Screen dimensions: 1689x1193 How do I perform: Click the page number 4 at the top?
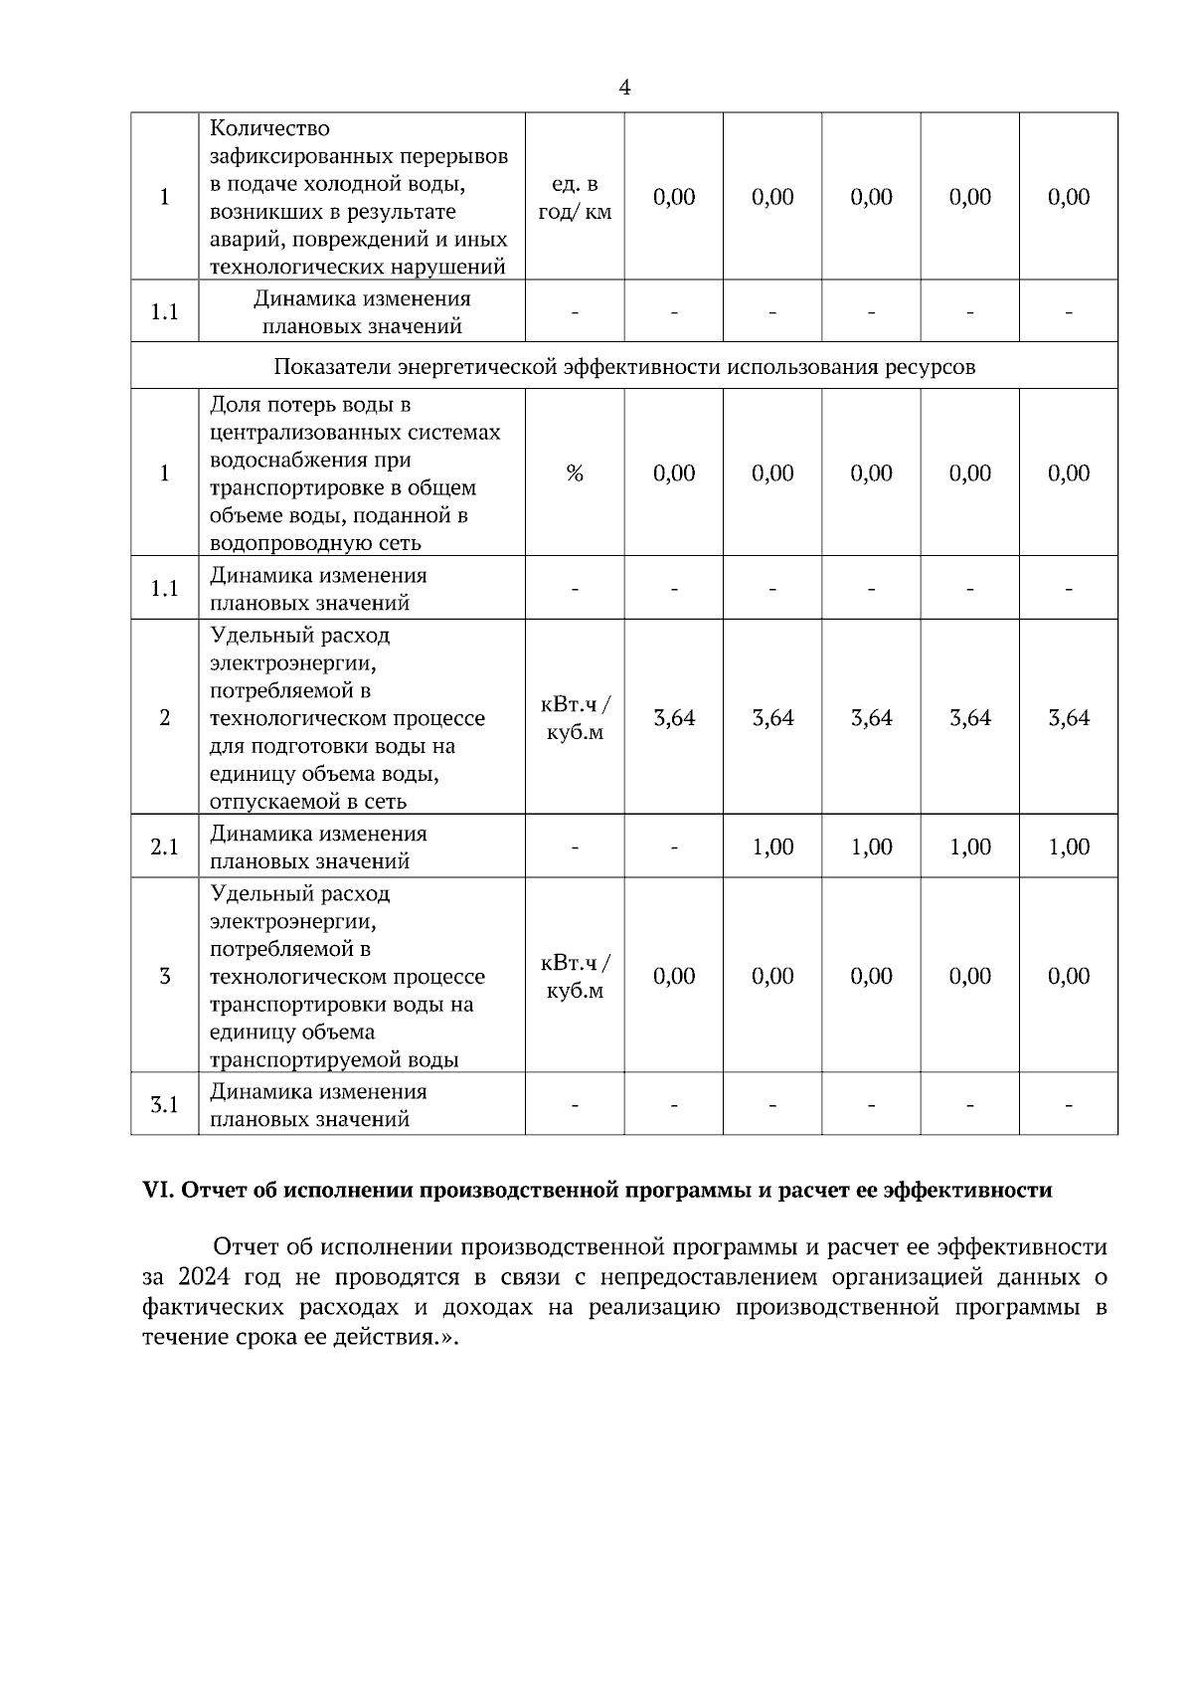624,88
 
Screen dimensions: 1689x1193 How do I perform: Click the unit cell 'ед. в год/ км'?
575,198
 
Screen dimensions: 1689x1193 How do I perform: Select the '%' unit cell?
575,473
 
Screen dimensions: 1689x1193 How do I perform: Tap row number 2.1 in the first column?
164,847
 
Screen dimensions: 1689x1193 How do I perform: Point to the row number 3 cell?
164,977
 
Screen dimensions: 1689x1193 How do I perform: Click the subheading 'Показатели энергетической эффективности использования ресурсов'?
624,367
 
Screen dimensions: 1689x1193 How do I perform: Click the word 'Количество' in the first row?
269,129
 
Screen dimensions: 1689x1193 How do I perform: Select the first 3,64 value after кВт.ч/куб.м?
674,718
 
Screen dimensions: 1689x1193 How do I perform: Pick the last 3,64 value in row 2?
1069,718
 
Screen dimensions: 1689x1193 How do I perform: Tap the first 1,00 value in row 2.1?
772,847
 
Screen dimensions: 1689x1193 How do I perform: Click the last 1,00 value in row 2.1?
1069,847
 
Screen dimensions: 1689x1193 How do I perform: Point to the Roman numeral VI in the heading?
158,1191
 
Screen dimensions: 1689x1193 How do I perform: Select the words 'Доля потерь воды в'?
310,406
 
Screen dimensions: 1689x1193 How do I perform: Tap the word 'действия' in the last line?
393,1337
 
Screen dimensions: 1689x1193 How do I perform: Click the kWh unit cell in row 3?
575,977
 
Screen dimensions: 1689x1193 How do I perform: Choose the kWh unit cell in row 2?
575,718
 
